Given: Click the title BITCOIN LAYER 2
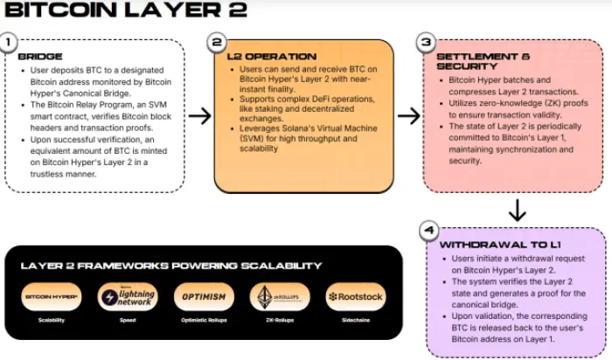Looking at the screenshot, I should point(126,11).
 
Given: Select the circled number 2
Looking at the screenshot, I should point(217,42).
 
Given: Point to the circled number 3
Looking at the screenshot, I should point(426,42).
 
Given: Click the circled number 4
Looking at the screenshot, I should point(428,231).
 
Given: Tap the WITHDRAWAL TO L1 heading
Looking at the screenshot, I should point(493,245).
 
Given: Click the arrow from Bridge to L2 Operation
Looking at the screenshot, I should point(200,116).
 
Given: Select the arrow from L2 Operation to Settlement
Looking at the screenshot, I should point(408,116).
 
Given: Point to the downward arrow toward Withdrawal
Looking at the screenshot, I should point(517,210).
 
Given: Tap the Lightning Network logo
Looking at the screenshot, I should point(128,296).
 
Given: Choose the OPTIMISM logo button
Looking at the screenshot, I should point(204,297).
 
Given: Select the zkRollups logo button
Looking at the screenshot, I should point(279,297).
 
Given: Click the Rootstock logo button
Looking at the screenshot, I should point(355,297).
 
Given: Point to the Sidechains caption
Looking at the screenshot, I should point(355,321).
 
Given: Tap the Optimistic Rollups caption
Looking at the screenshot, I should point(204,321).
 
